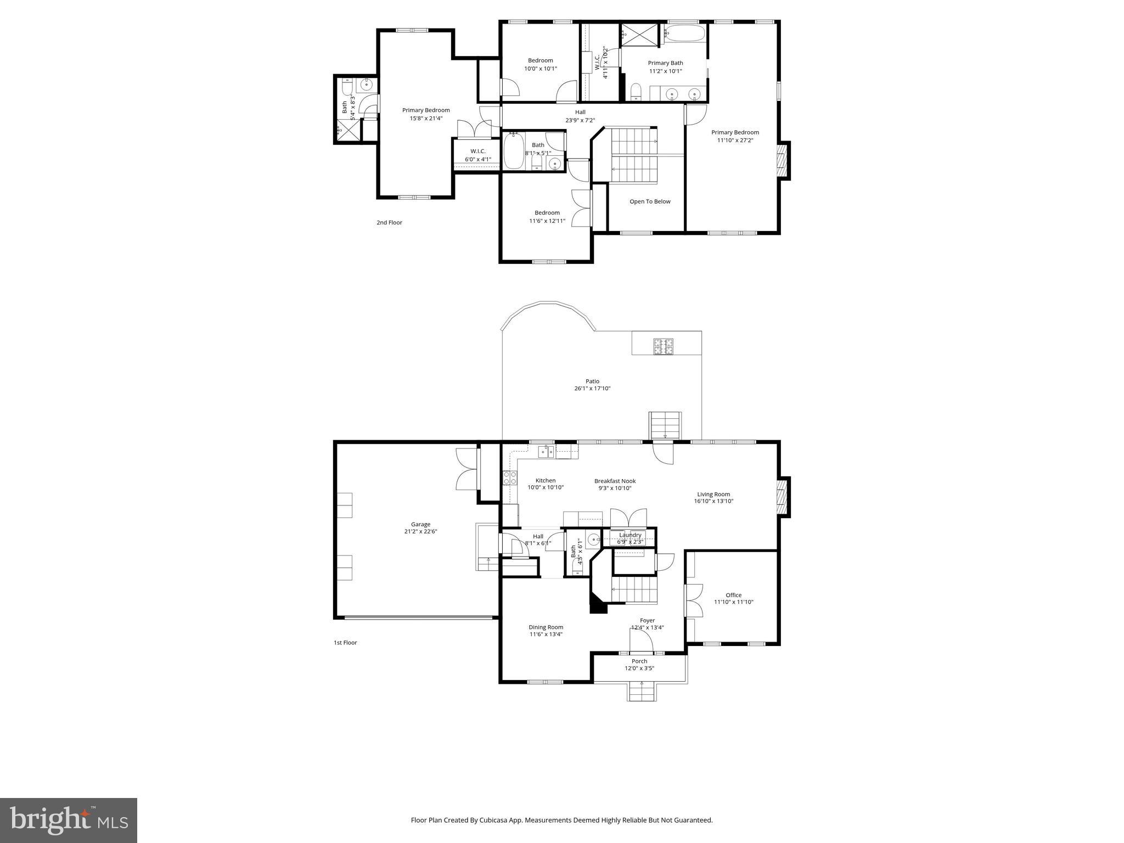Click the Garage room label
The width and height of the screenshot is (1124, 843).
[420, 524]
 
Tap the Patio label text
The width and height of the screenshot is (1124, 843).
[592, 381]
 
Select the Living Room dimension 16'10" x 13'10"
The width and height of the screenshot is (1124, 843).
[713, 501]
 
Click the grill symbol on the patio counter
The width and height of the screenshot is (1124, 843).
[663, 346]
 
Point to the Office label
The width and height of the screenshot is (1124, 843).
[733, 595]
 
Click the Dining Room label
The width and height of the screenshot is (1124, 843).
[546, 627]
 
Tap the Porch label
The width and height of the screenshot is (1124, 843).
[639, 661]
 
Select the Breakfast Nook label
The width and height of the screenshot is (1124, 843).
[615, 481]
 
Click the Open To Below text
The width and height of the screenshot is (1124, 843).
[650, 201]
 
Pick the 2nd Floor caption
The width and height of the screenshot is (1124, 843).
[389, 222]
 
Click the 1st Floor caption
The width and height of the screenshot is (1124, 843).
[345, 643]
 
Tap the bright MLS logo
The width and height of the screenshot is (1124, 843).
[69, 820]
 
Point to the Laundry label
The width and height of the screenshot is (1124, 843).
[630, 535]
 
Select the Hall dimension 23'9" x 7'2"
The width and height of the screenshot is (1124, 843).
[580, 120]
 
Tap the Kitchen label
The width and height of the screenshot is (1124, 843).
[546, 481]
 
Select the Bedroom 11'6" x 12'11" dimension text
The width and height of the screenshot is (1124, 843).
[547, 221]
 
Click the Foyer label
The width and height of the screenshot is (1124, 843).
[647, 621]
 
